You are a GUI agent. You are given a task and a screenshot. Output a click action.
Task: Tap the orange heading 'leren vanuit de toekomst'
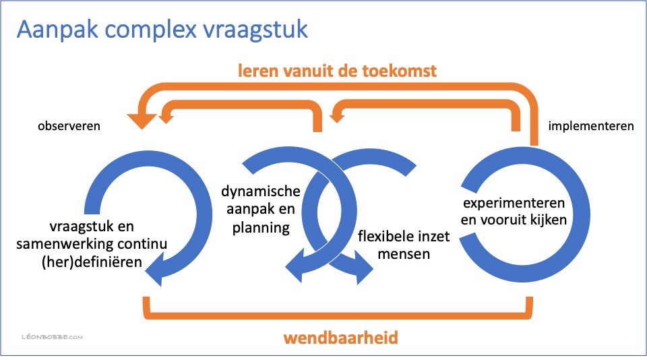tap(335, 71)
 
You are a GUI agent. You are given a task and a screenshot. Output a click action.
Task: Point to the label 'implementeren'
tap(590, 126)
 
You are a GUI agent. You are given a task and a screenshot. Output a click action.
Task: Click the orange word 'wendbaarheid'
tap(340, 336)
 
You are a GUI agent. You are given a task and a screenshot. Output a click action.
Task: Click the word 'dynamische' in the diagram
tap(261, 191)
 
